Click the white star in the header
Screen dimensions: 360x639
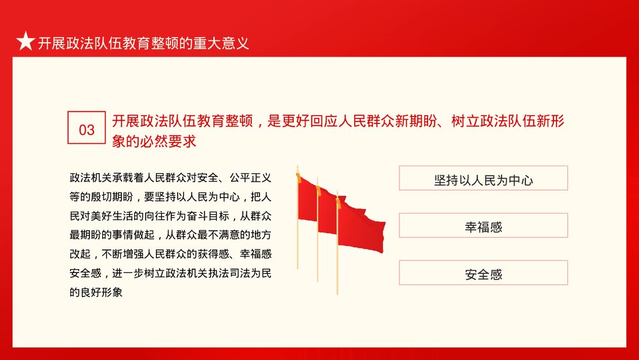click(25, 42)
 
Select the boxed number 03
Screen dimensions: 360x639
click(86, 130)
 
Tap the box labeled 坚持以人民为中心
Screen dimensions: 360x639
click(483, 179)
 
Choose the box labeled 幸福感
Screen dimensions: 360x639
click(483, 226)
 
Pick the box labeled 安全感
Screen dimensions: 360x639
click(483, 274)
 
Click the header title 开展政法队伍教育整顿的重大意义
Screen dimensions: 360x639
click(143, 43)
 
